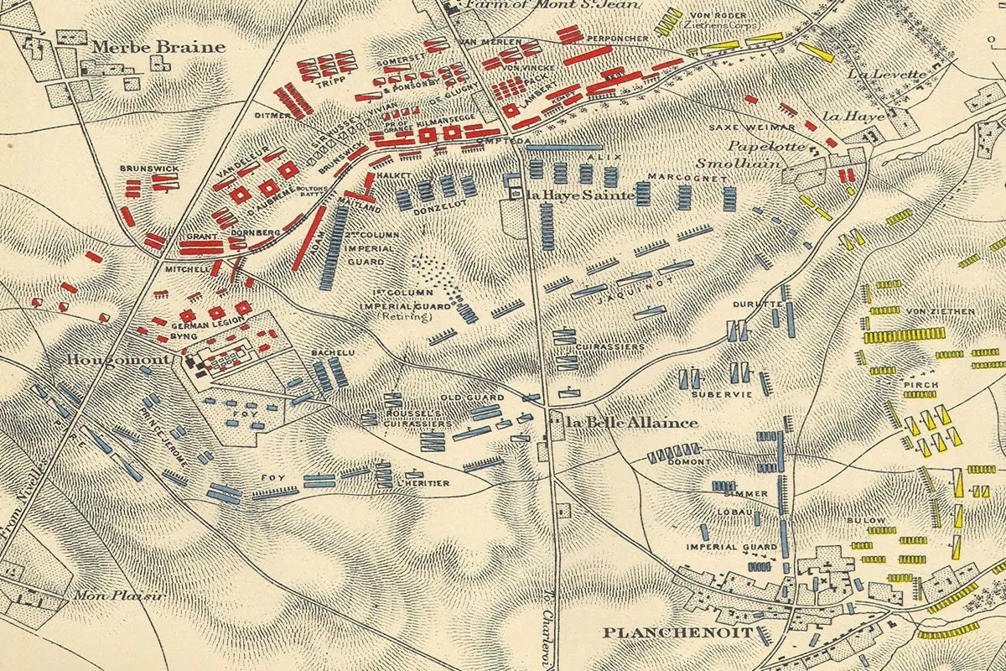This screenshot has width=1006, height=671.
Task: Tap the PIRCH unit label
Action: point(915,385)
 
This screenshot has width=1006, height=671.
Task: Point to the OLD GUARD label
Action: point(473,398)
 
